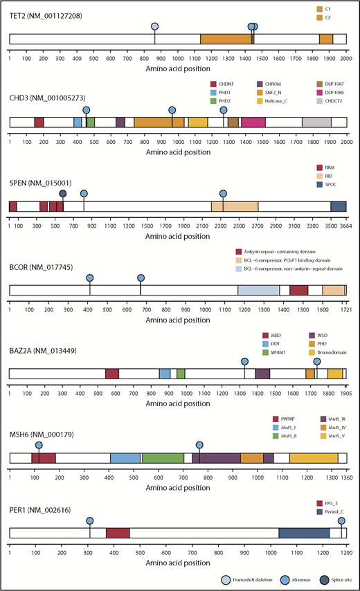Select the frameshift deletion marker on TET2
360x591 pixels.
click(x=154, y=26)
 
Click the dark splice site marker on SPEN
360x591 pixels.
click(x=63, y=194)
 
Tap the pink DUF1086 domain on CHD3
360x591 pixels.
click(x=253, y=122)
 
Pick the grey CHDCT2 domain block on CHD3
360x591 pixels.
click(x=316, y=122)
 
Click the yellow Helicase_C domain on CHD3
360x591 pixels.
click(x=198, y=122)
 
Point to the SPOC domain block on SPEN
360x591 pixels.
click(x=338, y=206)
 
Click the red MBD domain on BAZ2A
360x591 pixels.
click(x=112, y=374)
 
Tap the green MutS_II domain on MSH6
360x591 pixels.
click(x=163, y=457)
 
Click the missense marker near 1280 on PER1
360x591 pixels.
click(x=341, y=520)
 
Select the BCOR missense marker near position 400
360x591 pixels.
click(x=90, y=278)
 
